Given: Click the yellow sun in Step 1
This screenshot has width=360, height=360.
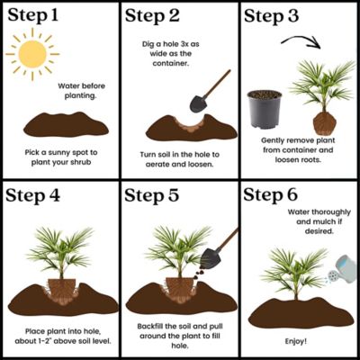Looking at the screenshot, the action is coord(32,54).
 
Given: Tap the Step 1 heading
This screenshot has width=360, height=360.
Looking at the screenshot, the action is coord(32,15).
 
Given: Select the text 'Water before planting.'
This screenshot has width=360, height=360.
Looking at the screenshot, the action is coord(81,91).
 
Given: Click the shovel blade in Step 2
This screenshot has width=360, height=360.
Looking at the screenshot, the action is coord(198,103).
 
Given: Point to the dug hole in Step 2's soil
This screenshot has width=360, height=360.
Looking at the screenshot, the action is coord(190,122).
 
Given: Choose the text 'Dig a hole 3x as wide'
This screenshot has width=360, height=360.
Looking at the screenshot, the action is coord(171,49).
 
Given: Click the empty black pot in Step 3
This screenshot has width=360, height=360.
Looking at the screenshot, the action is coord(265,109).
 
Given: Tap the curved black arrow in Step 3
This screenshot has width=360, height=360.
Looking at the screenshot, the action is coord(301,38).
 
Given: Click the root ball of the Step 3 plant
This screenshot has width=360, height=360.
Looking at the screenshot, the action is coord(324,123).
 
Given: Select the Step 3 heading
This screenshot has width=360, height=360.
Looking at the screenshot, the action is coord(271,15).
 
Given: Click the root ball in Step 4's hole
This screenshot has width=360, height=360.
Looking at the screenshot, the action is coord(62,290).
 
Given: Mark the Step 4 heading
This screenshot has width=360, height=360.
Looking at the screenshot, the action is coord(33,195).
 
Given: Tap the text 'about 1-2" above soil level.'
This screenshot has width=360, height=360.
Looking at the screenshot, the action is coord(63,341).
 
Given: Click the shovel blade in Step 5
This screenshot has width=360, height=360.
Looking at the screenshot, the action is coord(211,258).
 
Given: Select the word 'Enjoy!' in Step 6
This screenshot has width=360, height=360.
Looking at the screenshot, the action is coord(296,341).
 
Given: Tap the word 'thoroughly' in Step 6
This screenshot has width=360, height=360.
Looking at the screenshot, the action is coord(331,212).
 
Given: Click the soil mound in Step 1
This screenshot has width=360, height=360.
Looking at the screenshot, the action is coord(66,124).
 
